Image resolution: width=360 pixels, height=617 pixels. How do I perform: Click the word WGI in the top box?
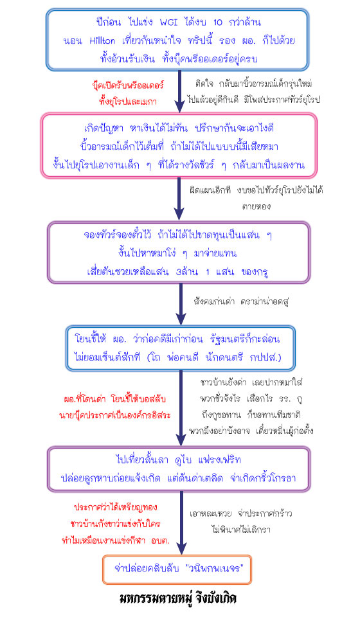click(x=168, y=22)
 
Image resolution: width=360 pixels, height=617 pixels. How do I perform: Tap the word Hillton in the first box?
click(x=102, y=40)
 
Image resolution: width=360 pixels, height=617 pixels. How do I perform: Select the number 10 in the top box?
click(x=217, y=22)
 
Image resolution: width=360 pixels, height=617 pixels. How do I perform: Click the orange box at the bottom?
click(x=177, y=569)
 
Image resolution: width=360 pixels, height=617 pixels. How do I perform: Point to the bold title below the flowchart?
click(x=178, y=598)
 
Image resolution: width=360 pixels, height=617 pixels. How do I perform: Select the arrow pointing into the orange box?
click(x=181, y=523)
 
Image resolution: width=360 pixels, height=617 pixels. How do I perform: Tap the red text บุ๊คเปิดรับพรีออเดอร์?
click(x=128, y=85)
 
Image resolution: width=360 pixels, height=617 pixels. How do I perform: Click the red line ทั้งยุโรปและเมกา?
click(x=128, y=102)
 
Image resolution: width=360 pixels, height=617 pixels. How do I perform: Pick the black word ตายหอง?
click(x=256, y=206)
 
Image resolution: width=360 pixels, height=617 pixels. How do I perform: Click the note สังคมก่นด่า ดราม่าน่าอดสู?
click(x=241, y=302)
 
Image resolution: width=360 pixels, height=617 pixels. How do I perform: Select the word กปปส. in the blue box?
click(x=265, y=358)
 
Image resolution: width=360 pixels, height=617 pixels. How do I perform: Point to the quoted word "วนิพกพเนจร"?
click(x=215, y=569)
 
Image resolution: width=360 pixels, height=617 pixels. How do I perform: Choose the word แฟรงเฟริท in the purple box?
click(x=220, y=460)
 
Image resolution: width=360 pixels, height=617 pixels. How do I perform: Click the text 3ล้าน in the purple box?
click(x=187, y=272)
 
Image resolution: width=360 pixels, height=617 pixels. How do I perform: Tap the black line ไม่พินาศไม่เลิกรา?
click(x=241, y=530)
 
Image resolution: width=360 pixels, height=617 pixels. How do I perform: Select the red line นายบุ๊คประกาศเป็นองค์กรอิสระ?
click(x=115, y=416)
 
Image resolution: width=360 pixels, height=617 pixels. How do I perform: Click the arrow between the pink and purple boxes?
click(x=179, y=199)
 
